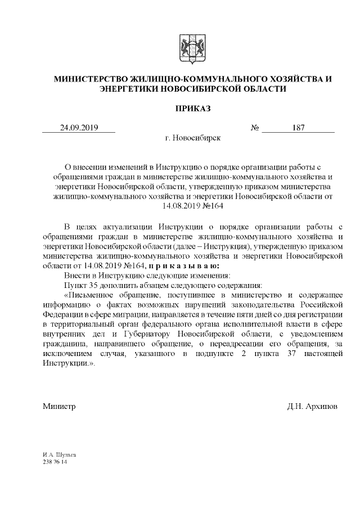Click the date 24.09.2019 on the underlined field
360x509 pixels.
tap(79, 128)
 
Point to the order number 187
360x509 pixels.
tap(298, 128)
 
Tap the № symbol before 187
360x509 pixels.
tap(254, 128)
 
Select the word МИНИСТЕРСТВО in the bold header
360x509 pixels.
tap(91, 79)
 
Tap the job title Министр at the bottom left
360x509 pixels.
tap(59, 406)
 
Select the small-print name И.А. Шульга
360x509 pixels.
tap(58, 454)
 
